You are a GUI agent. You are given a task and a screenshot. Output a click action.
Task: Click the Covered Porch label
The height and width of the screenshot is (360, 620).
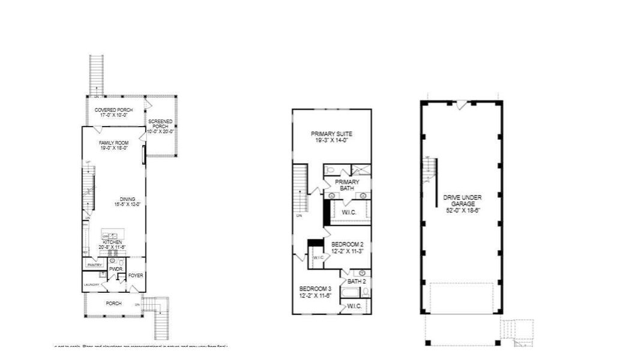click(x=113, y=110)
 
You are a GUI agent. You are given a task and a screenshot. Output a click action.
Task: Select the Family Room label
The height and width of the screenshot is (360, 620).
click(x=114, y=142)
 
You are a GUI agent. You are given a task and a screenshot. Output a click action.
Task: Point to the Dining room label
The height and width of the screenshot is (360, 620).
click(x=127, y=199)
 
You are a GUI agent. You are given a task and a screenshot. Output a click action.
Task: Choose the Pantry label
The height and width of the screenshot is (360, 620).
click(x=93, y=265)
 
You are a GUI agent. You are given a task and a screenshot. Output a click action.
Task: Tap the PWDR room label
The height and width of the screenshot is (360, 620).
click(x=116, y=269)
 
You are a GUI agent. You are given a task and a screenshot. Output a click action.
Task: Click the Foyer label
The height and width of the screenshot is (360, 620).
click(x=136, y=275)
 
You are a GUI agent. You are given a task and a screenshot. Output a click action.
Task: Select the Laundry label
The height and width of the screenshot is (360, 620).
click(x=91, y=284)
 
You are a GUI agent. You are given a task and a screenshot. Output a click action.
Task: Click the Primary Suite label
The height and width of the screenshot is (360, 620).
click(x=331, y=134)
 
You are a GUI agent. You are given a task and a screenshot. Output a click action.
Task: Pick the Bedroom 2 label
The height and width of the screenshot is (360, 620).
click(x=347, y=244)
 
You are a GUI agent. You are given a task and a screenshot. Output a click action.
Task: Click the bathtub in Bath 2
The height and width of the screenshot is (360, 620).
click(x=350, y=293)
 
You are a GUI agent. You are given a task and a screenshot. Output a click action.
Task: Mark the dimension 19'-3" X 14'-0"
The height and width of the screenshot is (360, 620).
click(x=331, y=140)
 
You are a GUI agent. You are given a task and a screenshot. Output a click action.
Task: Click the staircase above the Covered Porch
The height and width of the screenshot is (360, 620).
click(x=97, y=74)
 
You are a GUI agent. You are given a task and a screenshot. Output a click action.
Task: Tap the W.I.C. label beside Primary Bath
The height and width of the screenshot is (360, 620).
click(x=350, y=212)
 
